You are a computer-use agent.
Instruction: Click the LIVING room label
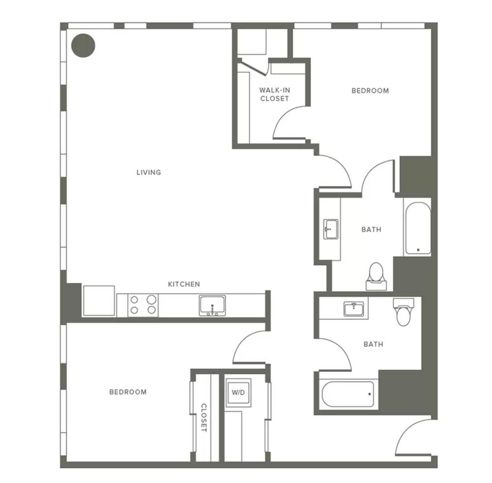[x=149, y=172]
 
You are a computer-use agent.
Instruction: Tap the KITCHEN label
[x=184, y=284]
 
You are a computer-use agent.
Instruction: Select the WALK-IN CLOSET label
[x=275, y=94]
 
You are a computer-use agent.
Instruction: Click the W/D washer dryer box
[x=238, y=392]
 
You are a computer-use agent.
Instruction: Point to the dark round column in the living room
[x=83, y=46]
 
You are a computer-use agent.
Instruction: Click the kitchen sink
[x=212, y=305]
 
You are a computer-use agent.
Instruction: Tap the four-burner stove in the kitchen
[x=143, y=305]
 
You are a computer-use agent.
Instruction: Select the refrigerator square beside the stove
[x=98, y=300]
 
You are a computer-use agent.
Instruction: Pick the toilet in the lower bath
[x=404, y=312]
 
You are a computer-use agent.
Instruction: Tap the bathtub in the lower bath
[x=347, y=394]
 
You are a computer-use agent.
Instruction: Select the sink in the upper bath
[x=331, y=229]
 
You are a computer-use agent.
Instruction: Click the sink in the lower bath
[x=353, y=309]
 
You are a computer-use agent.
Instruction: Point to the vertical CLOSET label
[x=203, y=418]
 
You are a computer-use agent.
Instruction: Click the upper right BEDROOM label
[x=370, y=91]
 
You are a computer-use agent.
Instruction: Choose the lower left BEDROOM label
[x=128, y=392]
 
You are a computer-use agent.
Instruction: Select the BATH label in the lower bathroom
[x=374, y=345]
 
